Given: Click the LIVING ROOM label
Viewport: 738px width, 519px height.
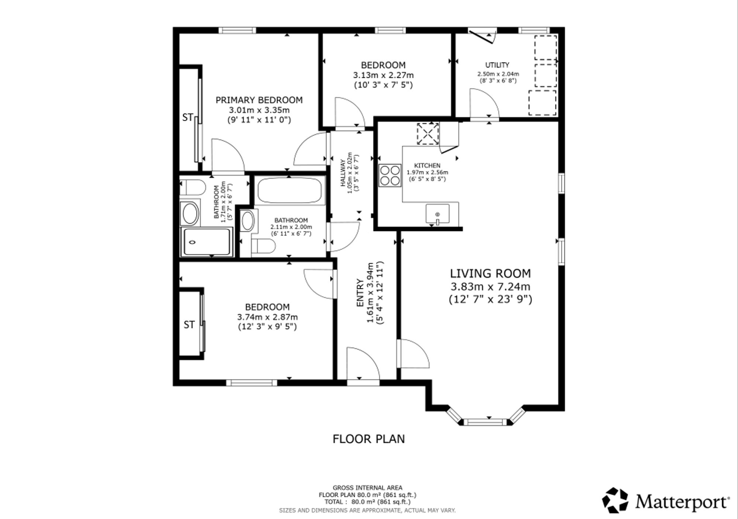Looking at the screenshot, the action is (490, 274).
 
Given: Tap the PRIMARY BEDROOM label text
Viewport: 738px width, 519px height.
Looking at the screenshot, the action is (259, 100).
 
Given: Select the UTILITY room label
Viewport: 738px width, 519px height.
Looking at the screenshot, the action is (497, 65).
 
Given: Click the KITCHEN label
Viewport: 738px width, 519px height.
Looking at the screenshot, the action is (427, 166).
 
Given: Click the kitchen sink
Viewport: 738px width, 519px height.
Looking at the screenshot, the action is (438, 214).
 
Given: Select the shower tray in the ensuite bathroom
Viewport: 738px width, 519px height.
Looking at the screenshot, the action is (207, 242).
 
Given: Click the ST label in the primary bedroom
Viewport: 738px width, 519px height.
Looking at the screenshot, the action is (188, 117).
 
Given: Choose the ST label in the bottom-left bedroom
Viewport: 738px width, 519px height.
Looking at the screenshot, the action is (189, 325).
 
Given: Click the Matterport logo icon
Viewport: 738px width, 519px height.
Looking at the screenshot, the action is (615, 500).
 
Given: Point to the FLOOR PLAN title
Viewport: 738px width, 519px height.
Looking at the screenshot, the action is (369, 439).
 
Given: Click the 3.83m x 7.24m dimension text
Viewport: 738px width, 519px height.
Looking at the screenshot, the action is (490, 286).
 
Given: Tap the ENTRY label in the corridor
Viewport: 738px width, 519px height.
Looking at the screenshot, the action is (360, 293).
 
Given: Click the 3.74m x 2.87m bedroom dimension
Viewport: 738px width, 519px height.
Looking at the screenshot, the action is (268, 317).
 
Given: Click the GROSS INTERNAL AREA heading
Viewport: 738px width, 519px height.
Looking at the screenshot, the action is (368, 488).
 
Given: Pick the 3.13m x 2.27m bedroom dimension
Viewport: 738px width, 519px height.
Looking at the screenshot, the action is (383, 75).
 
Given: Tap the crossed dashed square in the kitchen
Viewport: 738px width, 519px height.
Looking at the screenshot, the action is (428, 134).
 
